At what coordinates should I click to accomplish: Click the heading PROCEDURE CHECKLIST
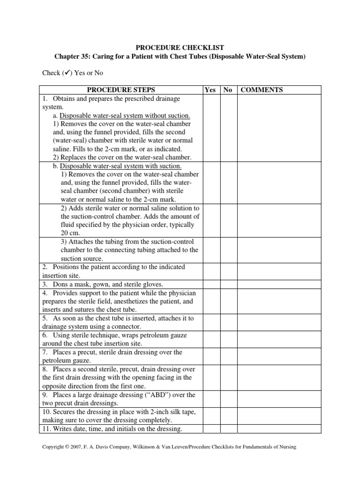click(180, 47)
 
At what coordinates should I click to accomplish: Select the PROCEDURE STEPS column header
click(121, 90)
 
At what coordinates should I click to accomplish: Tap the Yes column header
click(210, 90)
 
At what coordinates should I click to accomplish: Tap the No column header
click(228, 90)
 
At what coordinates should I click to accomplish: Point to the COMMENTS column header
click(262, 90)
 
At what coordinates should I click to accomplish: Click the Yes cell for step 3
click(210, 284)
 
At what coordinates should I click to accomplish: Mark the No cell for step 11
click(228, 429)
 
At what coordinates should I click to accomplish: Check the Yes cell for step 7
click(210, 356)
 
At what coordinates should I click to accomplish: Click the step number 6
click(44, 335)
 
